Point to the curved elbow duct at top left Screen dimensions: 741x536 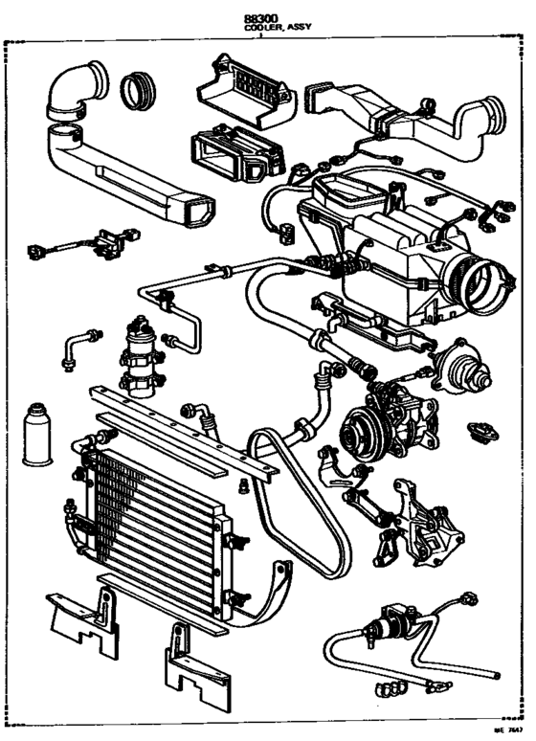tap(75, 92)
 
